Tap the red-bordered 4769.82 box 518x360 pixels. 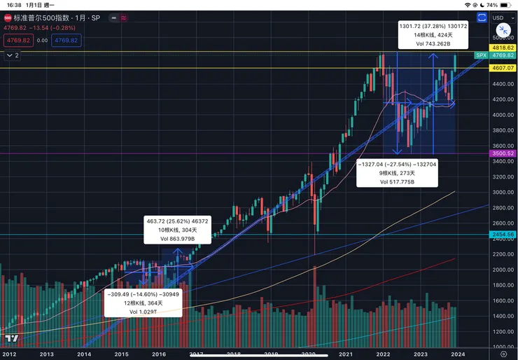click(x=17, y=40)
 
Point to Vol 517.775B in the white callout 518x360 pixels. click(x=398, y=181)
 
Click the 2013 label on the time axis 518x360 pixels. click(x=47, y=354)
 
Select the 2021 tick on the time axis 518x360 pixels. click(x=345, y=354)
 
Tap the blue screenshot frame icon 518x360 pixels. click(x=481, y=18)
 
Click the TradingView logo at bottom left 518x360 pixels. click(x=10, y=339)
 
